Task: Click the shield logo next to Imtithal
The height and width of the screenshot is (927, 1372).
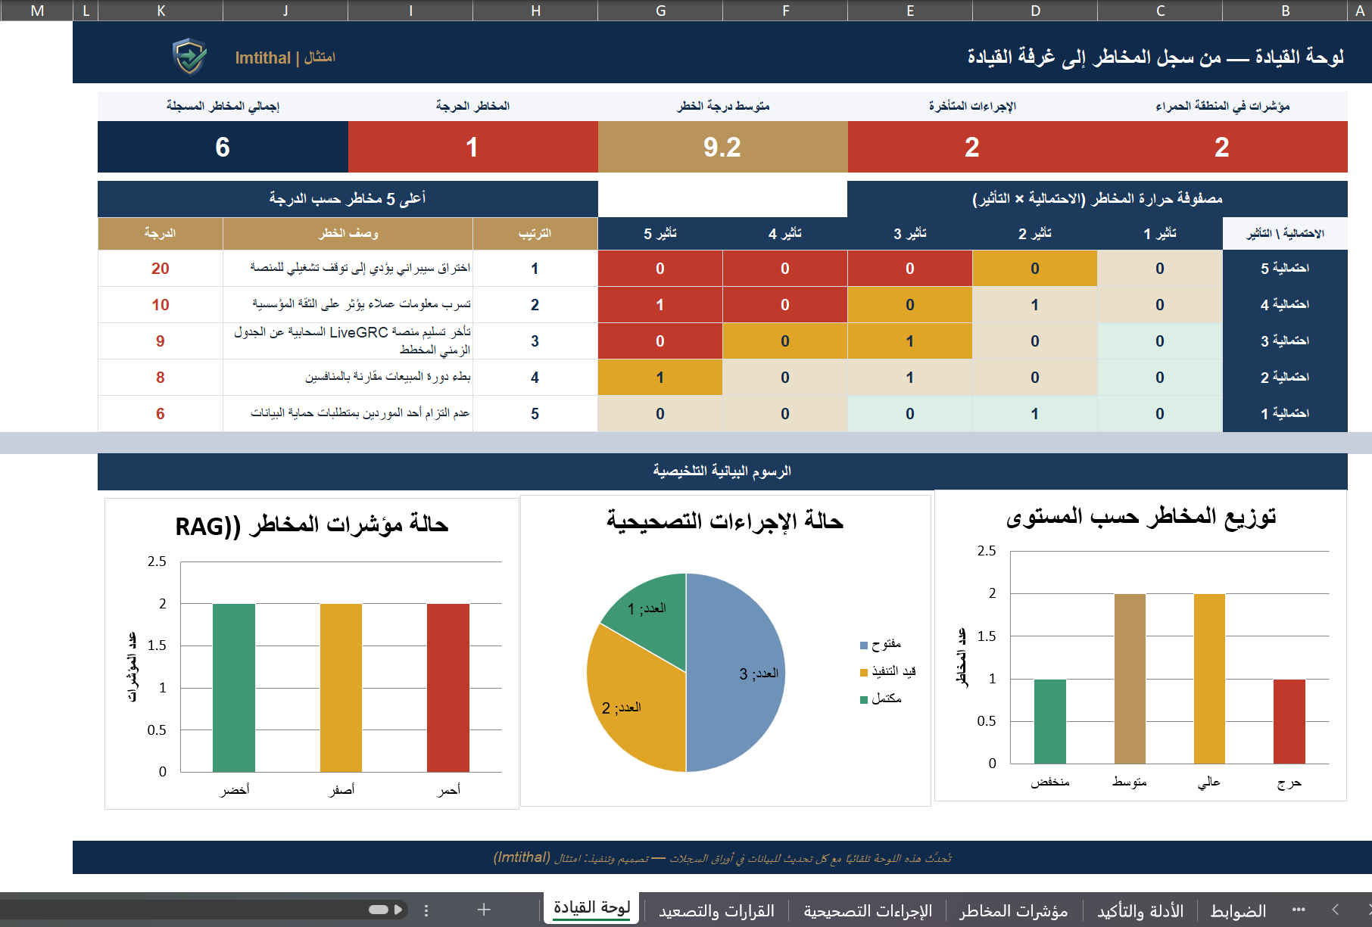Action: pos(189,57)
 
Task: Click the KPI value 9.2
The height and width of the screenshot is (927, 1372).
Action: pos(722,147)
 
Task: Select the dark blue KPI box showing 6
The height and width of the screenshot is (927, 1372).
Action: pos(223,147)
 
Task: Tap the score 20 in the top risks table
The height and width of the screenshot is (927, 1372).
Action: pos(161,269)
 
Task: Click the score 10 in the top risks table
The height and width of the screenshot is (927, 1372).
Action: pos(161,305)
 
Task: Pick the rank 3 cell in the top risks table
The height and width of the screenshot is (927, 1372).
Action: pos(535,341)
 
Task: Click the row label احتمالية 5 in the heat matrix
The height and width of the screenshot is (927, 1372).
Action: pos(1285,269)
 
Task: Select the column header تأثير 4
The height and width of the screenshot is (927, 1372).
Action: pos(785,234)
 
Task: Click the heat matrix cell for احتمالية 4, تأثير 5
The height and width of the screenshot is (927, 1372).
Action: pos(660,305)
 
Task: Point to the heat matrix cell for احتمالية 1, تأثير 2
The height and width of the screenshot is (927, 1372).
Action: pos(1035,414)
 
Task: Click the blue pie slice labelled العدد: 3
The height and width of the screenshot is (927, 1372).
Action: pos(734,673)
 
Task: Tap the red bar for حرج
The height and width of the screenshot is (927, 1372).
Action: pos(1289,721)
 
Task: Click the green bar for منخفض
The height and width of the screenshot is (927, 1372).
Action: pos(1050,721)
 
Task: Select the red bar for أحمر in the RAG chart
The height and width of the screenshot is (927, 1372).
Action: pos(448,688)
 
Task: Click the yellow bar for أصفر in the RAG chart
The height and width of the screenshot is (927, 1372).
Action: pos(341,688)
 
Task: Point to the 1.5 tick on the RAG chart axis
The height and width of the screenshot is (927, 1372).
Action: pos(157,645)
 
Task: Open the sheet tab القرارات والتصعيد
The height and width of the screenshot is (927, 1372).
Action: pos(716,910)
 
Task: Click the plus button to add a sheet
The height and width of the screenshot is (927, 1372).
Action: pos(484,910)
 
